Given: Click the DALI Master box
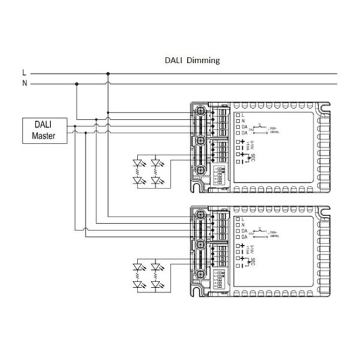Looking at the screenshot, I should point(43,130).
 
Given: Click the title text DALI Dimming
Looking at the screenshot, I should point(193,60).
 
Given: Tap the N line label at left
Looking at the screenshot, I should point(25,83).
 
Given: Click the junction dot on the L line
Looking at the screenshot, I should point(107,74).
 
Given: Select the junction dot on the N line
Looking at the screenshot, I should point(76,84).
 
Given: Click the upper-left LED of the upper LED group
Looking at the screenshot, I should point(140,163).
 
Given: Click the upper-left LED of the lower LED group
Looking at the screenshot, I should point(140,265).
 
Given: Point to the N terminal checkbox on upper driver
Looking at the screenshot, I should point(238,120).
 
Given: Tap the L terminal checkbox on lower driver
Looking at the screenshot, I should point(238,217).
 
